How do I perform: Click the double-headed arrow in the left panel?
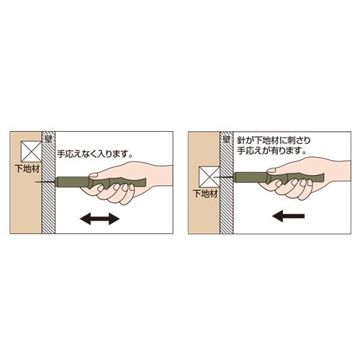pyautogui.click(x=99, y=219)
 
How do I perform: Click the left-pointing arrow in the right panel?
pyautogui.click(x=289, y=216)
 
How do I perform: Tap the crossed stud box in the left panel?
pyautogui.click(x=32, y=151)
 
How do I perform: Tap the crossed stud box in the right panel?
pyautogui.click(x=210, y=177)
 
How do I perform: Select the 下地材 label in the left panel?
pyautogui.click(x=27, y=169)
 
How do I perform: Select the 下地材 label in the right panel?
pyautogui.click(x=205, y=194)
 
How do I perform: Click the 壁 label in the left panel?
pyautogui.click(x=48, y=139)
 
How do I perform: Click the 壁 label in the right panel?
pyautogui.click(x=226, y=139)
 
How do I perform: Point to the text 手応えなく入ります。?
pyautogui.click(x=95, y=154)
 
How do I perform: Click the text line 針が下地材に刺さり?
pyautogui.click(x=274, y=140)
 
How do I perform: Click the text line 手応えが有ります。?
pyautogui.click(x=272, y=151)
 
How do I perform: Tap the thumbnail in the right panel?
pyautogui.click(x=271, y=171)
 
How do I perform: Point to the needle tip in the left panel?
pyautogui.click(x=36, y=182)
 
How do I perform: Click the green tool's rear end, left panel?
pyautogui.click(x=145, y=183)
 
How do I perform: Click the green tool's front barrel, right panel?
pyautogui.click(x=251, y=177)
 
